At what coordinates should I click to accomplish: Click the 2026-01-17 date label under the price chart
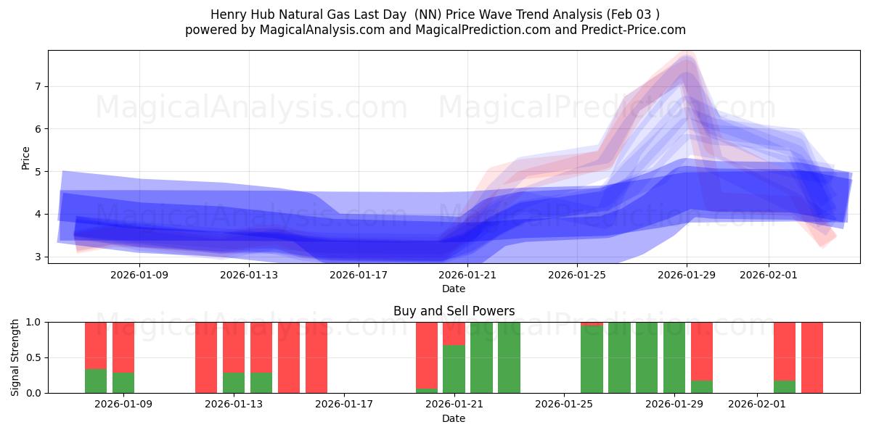pos(358,275)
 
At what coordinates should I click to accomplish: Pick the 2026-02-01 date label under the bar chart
pos(757,404)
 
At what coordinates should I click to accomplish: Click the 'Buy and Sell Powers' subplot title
pos(454,311)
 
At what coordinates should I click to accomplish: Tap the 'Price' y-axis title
pos(26,157)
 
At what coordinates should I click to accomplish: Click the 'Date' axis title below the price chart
pos(454,289)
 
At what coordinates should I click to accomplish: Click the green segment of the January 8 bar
pos(96,381)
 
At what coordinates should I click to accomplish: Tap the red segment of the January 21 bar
pos(454,333)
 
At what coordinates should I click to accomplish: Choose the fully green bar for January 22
pos(481,357)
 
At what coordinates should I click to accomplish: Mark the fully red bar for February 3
pos(812,357)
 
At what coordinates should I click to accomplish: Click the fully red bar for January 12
pos(206,357)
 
